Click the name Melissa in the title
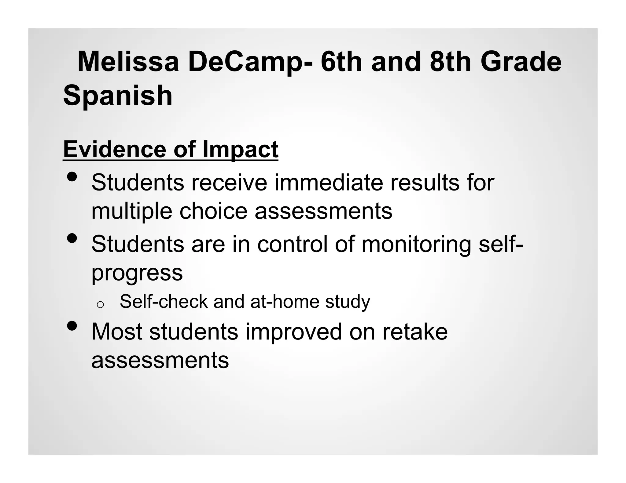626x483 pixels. tap(128, 62)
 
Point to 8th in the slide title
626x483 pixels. tap(451, 62)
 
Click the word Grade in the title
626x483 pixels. tap(521, 62)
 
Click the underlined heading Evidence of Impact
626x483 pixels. tap(171, 149)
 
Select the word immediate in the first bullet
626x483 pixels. tap(329, 183)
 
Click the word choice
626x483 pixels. tap(213, 211)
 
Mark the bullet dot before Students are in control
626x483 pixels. tap(72, 238)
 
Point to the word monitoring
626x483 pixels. tap(416, 244)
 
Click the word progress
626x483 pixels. tap(137, 273)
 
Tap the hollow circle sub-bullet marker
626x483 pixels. tap(100, 304)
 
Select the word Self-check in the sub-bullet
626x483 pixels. tap(164, 301)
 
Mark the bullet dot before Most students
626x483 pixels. tap(72, 326)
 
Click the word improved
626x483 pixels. tap(293, 332)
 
